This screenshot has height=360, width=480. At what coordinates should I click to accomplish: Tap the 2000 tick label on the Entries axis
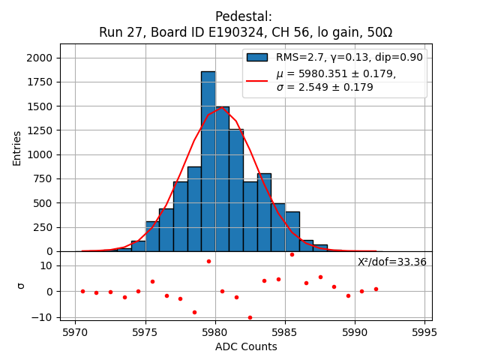pyautogui.click(x=38, y=58)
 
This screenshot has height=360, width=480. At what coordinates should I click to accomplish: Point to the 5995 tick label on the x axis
pyautogui.click(x=424, y=331)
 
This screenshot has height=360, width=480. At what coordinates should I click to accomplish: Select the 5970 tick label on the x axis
pyautogui.click(x=75, y=331)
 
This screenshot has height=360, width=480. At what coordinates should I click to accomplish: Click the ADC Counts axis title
pyautogui.click(x=246, y=346)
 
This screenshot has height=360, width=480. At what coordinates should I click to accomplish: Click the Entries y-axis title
pyautogui.click(x=16, y=148)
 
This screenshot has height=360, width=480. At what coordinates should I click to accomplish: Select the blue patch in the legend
pyautogui.click(x=257, y=57)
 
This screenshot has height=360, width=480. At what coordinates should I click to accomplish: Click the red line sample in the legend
pyautogui.click(x=257, y=79)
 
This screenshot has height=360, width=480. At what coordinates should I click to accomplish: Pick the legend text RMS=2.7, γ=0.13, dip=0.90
pyautogui.click(x=349, y=57)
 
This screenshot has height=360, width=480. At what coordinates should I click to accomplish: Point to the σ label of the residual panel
pyautogui.click(x=21, y=286)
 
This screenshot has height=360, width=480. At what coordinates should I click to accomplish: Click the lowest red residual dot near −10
pyautogui.click(x=250, y=317)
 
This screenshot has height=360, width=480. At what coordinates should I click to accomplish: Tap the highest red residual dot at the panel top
pyautogui.click(x=292, y=254)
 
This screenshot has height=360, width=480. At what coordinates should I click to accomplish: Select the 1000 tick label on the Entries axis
pyautogui.click(x=38, y=154)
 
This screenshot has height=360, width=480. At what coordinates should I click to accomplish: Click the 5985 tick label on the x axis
pyautogui.click(x=355, y=331)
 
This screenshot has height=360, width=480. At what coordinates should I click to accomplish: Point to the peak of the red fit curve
pyautogui.click(x=222, y=108)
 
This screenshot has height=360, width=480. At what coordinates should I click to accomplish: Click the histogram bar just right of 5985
pyautogui.click(x=292, y=231)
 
